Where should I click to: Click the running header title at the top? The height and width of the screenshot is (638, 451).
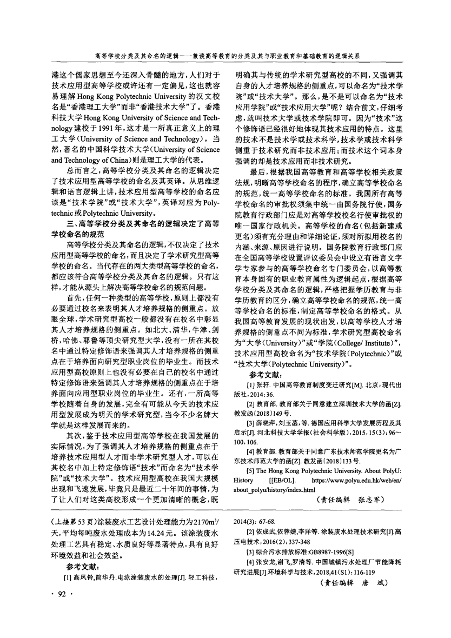coord(225,55)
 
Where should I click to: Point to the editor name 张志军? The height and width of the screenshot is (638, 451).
coord(372,500)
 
